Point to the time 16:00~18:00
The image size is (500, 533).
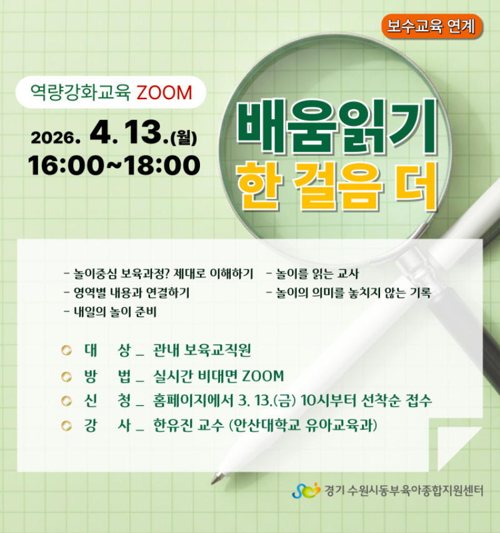114,165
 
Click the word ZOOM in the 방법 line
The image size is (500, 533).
263,376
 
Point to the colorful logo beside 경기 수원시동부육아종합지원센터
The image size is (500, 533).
306,491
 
